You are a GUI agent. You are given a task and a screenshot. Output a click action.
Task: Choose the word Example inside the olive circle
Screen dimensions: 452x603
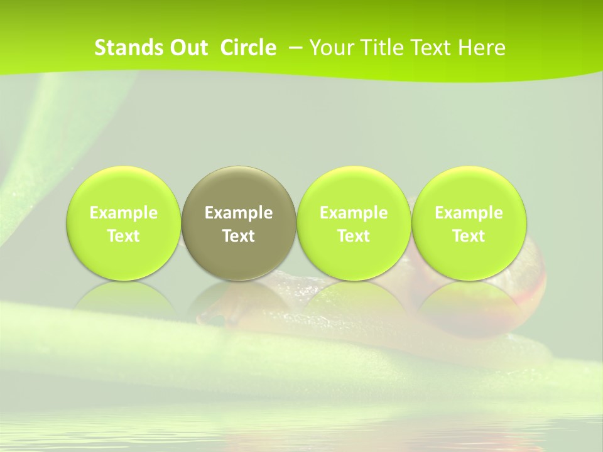click(x=239, y=213)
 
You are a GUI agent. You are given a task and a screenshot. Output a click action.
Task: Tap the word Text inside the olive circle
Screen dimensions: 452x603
click(x=239, y=236)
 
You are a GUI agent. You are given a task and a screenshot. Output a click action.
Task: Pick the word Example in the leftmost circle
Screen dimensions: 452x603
click(x=124, y=213)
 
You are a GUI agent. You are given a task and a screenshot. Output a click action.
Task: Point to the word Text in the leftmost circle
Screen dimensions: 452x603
click(x=124, y=236)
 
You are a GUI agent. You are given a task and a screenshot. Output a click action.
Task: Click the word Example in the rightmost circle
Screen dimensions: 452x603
click(x=469, y=213)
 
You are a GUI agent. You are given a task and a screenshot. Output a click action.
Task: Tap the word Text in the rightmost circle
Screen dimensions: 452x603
click(x=469, y=236)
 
